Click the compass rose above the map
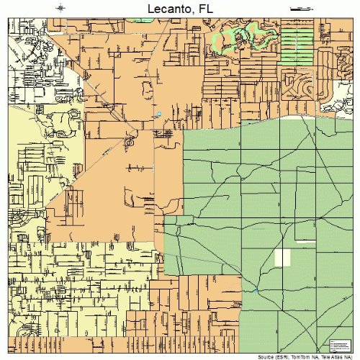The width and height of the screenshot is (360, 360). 60,7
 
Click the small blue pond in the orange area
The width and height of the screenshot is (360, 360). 158,114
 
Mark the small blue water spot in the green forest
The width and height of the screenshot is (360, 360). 256,290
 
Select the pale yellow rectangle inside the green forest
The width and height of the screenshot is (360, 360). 283,258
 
